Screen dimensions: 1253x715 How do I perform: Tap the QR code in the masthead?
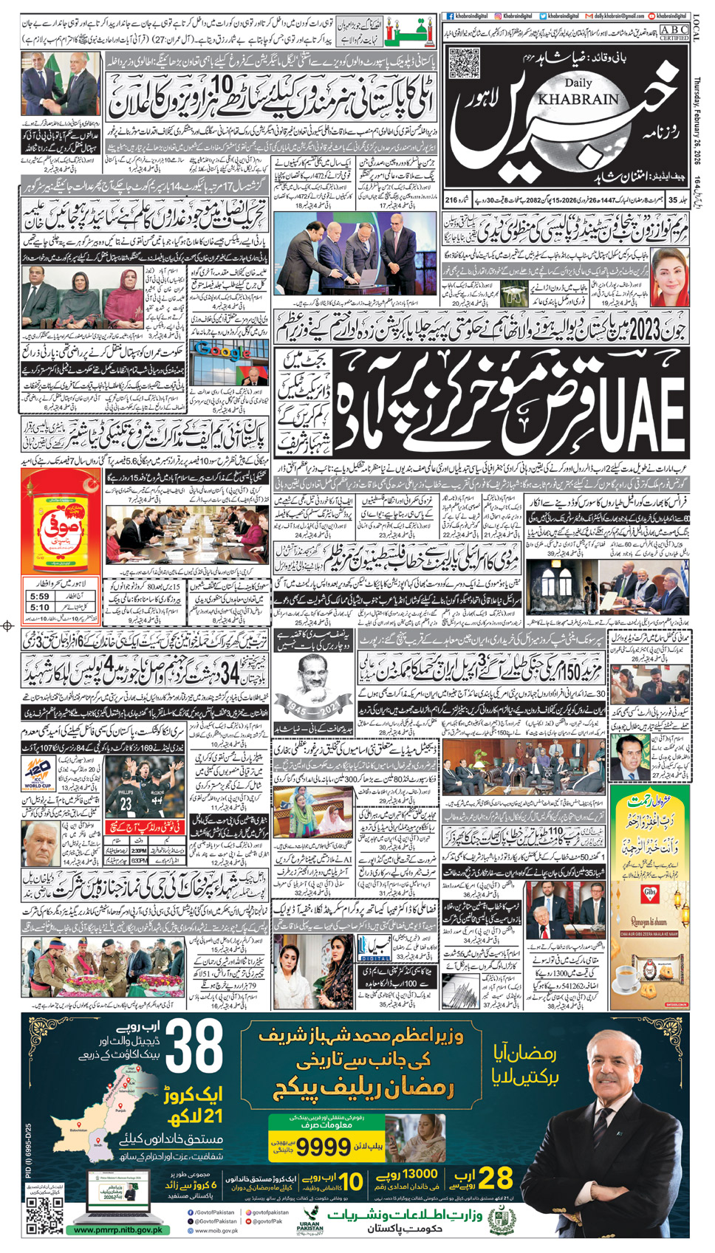[x=464, y=63]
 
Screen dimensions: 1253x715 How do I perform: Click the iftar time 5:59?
[x=40, y=596]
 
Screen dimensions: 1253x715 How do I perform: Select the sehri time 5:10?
[x=40, y=608]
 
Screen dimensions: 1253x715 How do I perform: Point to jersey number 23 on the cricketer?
[x=126, y=804]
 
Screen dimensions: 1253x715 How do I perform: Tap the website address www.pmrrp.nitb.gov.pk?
[x=118, y=1230]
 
